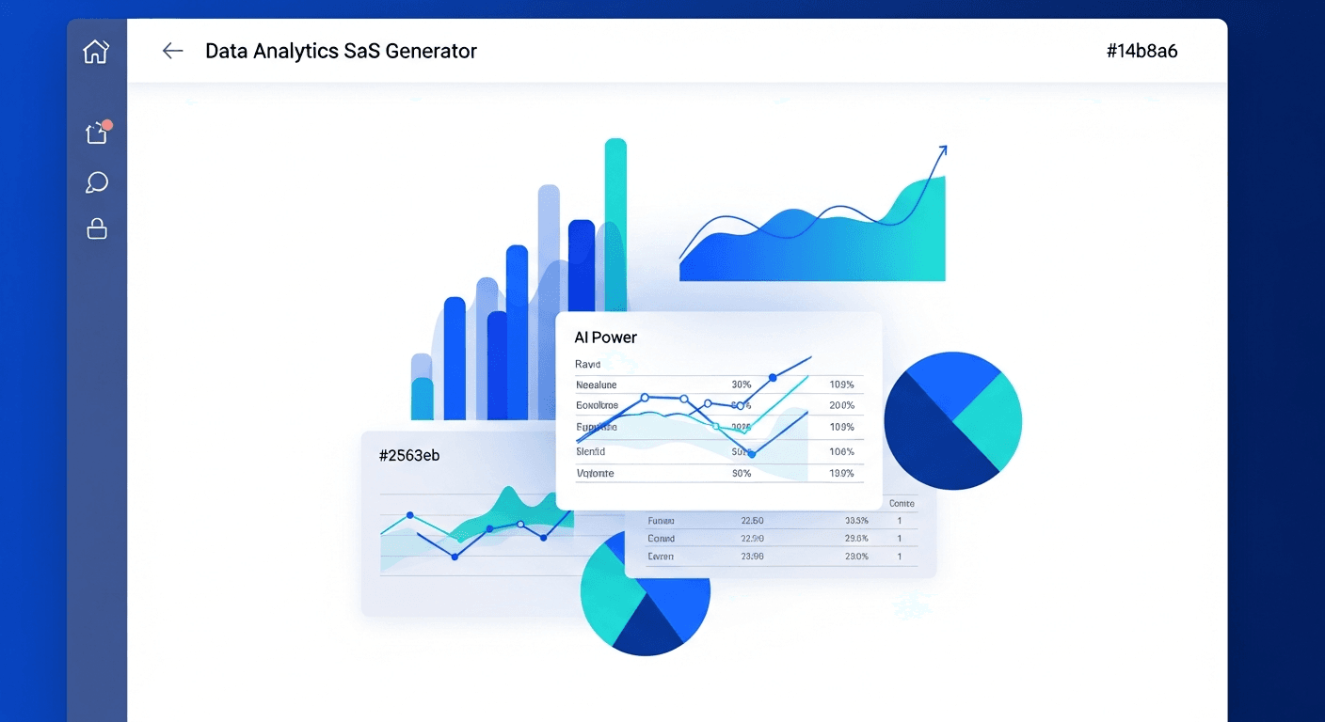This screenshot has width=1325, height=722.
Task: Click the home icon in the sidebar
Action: (96, 51)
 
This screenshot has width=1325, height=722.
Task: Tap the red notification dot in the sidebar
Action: (107, 125)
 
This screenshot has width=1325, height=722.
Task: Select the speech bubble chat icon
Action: (96, 182)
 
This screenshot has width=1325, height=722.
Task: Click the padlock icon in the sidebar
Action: (97, 228)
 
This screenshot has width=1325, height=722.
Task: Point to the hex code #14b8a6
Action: (1141, 51)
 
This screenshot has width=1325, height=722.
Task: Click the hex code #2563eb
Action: (409, 456)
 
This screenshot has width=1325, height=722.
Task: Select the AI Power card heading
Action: (605, 337)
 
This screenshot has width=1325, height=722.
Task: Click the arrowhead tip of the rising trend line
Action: (943, 148)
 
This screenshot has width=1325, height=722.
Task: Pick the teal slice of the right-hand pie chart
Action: (991, 419)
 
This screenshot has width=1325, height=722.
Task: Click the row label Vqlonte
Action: (595, 473)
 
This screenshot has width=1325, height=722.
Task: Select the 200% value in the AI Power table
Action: (841, 405)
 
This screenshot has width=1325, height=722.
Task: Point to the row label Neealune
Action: (596, 385)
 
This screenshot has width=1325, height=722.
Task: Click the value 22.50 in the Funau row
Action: (752, 520)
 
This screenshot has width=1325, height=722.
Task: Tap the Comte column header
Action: (902, 504)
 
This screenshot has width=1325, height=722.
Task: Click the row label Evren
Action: (661, 557)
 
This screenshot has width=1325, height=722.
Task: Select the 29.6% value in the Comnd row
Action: (856, 539)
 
